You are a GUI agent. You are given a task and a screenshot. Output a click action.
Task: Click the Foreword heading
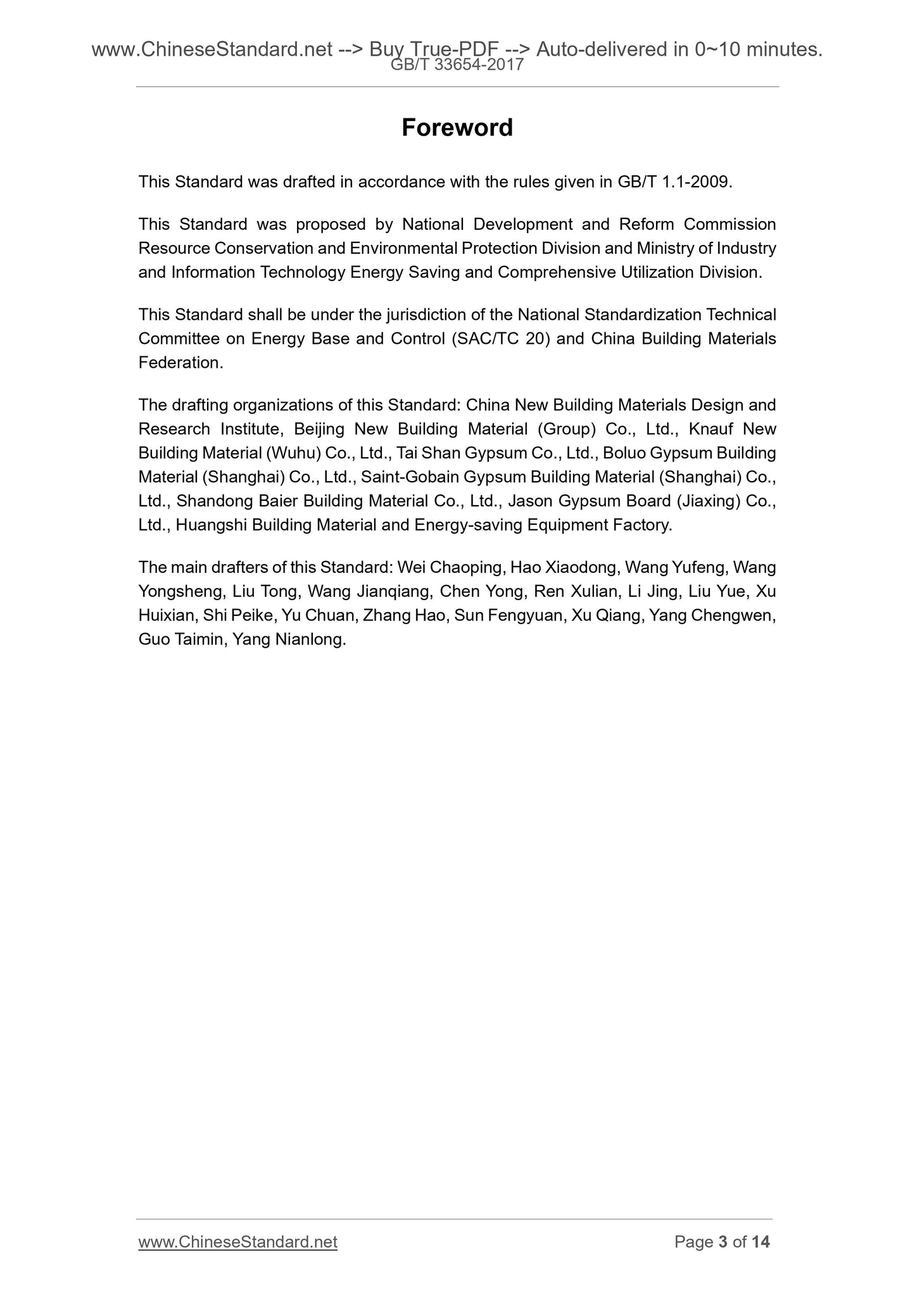[x=457, y=128]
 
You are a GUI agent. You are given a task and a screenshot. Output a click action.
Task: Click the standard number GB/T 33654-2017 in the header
[x=457, y=64]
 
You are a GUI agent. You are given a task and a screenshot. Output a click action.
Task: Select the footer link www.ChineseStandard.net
[x=237, y=1242]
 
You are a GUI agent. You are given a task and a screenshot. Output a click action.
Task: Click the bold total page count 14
[x=760, y=1242]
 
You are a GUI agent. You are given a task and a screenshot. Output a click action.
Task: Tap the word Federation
[x=180, y=363]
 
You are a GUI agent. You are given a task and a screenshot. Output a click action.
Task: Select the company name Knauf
[x=710, y=429]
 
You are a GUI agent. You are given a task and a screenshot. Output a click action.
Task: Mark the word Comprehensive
[x=557, y=272]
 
